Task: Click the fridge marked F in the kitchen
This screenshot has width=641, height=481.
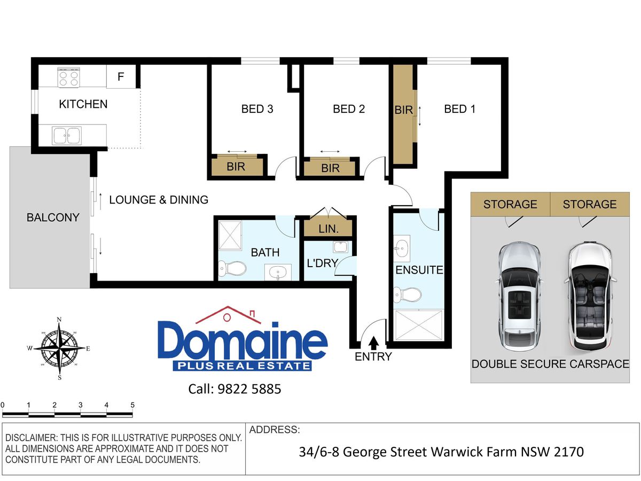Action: pos(121,76)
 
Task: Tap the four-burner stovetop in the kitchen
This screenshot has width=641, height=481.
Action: pos(68,77)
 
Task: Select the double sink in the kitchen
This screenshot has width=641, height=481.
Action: pos(67,136)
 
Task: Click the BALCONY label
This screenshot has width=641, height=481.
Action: pos(53,218)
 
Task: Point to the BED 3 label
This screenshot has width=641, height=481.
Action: pos(257,109)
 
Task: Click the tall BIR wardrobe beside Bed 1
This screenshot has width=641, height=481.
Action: pos(403,114)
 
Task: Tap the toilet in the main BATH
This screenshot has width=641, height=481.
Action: pos(232,268)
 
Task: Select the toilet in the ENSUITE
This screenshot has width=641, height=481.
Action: pos(408,294)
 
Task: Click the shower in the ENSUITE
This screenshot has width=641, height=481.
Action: pos(418,325)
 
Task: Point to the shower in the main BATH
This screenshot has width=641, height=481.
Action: pos(230,235)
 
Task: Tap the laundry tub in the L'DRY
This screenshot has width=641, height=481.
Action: pos(340,247)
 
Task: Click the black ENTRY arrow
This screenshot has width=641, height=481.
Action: pos(373,344)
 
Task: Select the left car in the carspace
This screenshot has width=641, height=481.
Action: pos(519,297)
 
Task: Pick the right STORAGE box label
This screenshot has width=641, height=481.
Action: pos(589,204)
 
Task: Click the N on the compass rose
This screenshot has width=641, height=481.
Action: pos(59,320)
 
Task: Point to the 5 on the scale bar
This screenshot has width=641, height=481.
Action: pos(132,405)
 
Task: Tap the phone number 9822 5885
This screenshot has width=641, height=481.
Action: pos(249,389)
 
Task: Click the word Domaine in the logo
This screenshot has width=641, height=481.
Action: pos(243,341)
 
